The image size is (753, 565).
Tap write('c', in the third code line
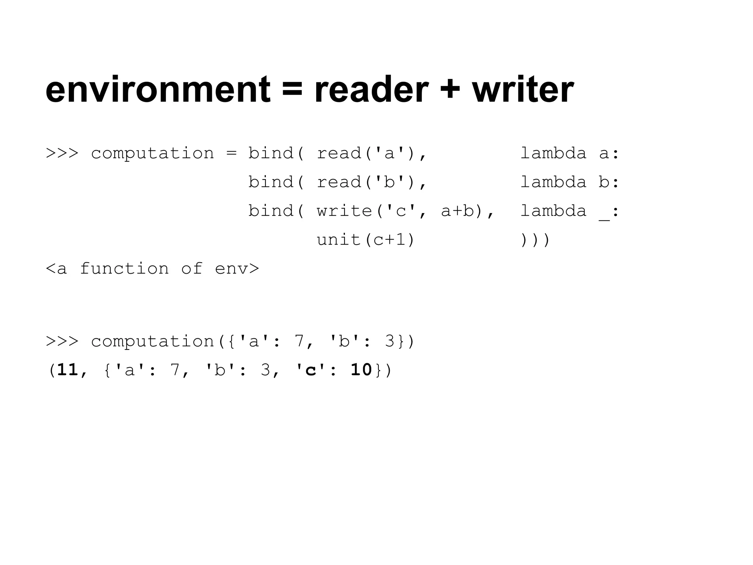point(371,211)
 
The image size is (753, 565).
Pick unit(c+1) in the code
point(365,240)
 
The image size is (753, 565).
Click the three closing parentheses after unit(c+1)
point(535,240)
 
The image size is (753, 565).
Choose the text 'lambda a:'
point(570,153)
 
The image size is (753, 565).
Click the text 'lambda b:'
point(570,182)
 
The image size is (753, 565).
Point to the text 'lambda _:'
point(570,211)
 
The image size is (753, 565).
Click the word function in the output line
point(124,269)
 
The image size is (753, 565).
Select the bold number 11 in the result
point(68,370)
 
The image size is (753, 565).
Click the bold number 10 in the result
point(361,370)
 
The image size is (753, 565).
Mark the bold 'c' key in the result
point(311,370)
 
